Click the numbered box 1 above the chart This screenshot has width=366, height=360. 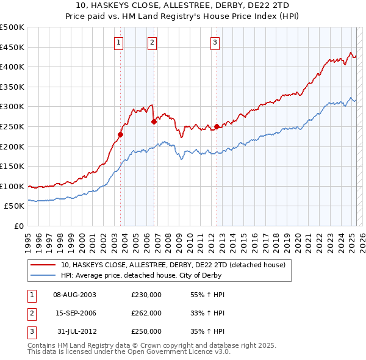point(118,42)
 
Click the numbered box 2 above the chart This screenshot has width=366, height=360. point(151,42)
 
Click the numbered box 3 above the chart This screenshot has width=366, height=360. point(215,42)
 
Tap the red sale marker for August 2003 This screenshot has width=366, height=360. point(121,135)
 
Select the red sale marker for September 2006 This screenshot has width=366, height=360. point(154,121)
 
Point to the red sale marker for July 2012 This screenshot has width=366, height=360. point(217,126)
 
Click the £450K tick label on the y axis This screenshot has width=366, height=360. point(12,48)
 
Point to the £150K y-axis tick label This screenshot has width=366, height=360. point(12,167)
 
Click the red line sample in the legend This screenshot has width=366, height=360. point(43,265)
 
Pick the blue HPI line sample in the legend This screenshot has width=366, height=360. point(43,275)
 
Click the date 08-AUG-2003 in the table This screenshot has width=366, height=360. point(75,295)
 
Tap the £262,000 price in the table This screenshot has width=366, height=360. point(146,313)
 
